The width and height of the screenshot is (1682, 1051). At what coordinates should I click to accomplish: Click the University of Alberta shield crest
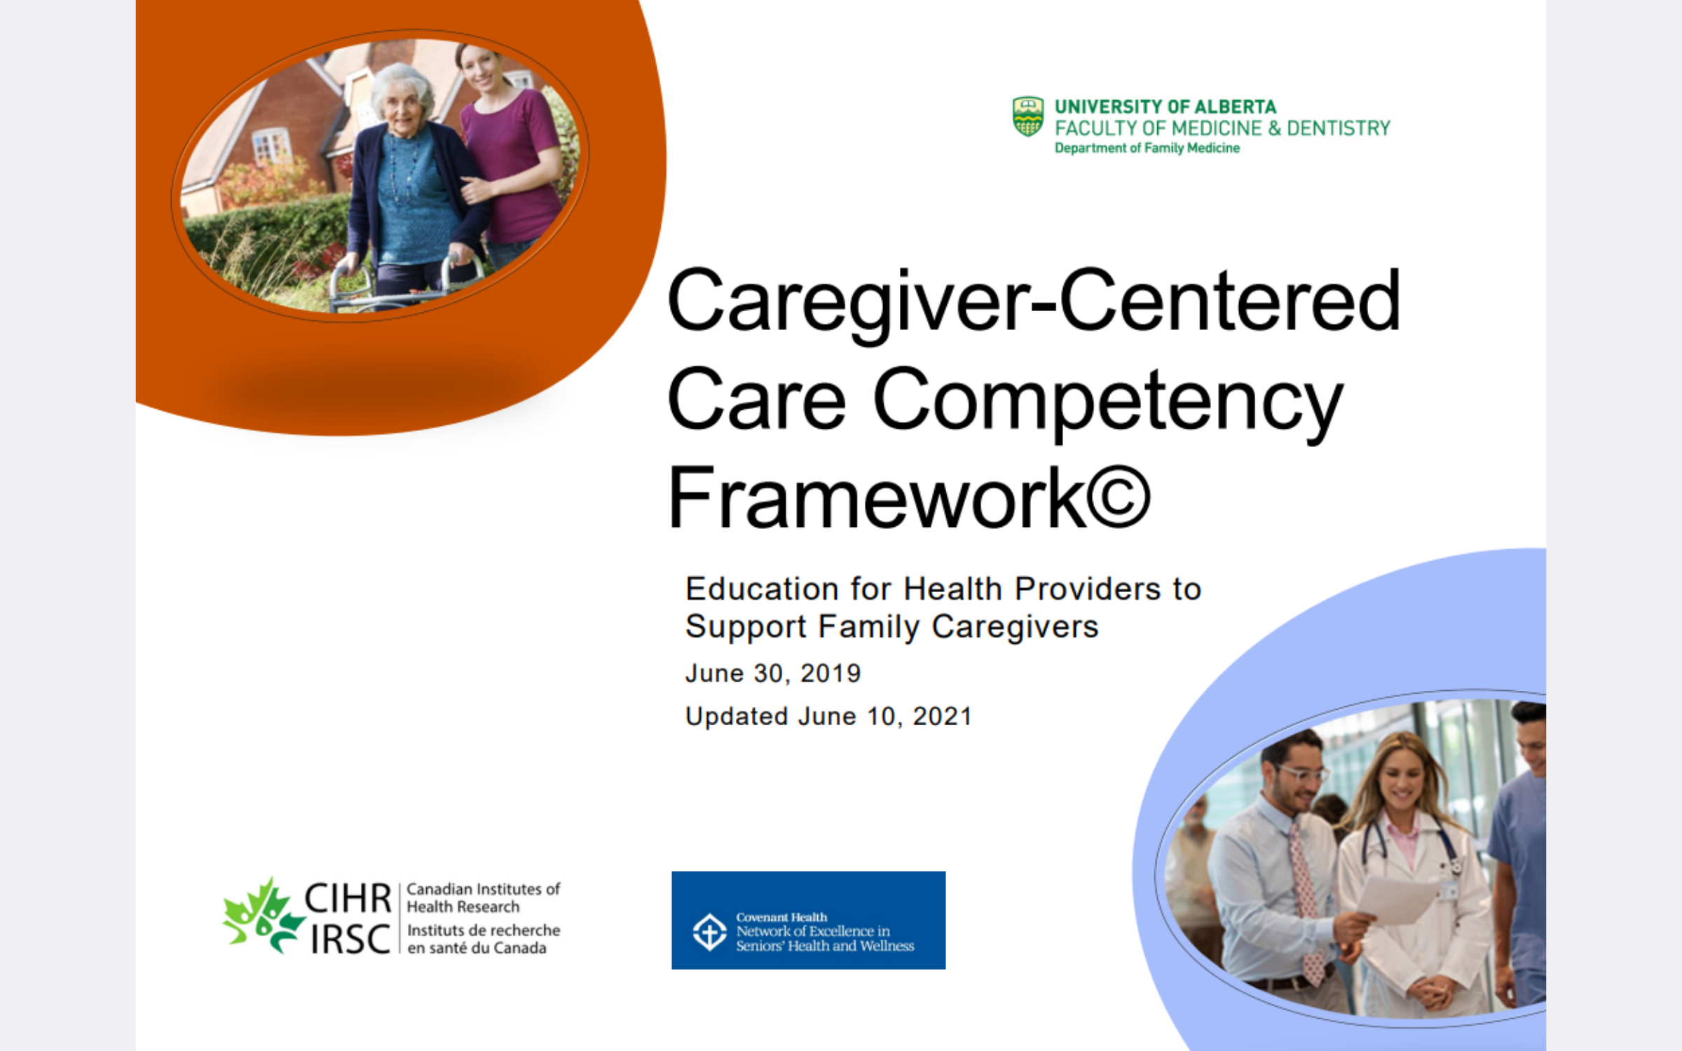click(1028, 116)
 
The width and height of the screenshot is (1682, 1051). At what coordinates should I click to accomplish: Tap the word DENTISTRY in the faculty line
click(1339, 128)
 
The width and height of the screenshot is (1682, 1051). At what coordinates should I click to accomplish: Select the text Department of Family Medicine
click(1147, 148)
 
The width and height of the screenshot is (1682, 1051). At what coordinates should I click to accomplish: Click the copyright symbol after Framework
click(1118, 497)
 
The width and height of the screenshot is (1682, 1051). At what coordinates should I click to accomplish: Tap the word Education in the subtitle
click(762, 589)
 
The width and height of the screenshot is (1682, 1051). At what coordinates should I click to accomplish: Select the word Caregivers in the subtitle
click(1015, 627)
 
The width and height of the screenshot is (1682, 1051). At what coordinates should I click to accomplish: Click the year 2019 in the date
click(830, 673)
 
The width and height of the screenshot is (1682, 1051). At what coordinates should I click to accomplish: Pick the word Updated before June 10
click(737, 717)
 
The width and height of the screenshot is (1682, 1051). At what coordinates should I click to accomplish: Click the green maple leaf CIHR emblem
click(263, 915)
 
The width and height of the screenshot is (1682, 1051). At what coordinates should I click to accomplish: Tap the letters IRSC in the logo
click(350, 939)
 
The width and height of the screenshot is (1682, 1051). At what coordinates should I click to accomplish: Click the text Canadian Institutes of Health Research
click(483, 898)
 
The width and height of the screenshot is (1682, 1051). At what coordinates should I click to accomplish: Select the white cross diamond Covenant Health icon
click(709, 932)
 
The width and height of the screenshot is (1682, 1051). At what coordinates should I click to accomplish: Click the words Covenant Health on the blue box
click(781, 917)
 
